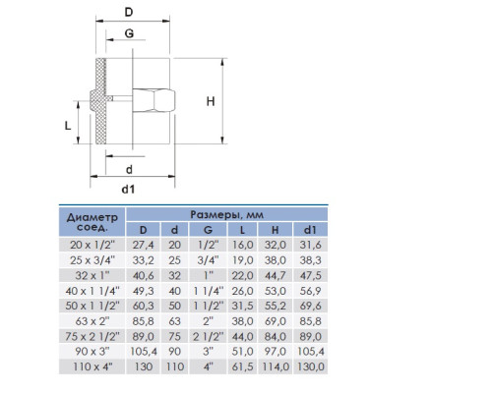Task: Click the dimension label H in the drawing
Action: [211, 101]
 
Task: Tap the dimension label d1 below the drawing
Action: [128, 190]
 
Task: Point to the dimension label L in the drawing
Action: [68, 126]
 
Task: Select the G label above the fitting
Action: [129, 33]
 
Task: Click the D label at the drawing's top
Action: [129, 13]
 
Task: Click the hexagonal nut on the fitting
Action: [154, 100]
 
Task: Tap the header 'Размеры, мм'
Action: [227, 215]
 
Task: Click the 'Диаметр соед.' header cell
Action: [92, 222]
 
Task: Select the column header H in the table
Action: [275, 230]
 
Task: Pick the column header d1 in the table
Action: [310, 230]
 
